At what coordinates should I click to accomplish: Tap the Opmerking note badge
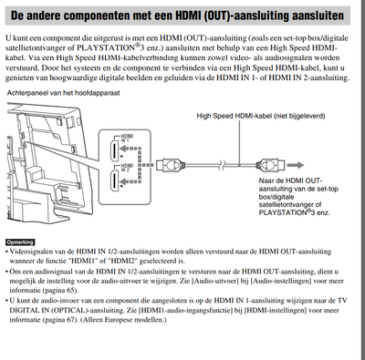point(20,242)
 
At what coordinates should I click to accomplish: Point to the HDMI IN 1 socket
point(114,151)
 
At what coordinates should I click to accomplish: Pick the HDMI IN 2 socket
point(114,181)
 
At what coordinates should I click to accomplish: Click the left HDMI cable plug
point(171,165)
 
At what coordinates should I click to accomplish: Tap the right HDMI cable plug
point(270,165)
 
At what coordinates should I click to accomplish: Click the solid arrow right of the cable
point(296,165)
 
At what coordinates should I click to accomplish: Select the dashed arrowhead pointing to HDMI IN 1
point(123,149)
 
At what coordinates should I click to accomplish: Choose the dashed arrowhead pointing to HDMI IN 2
point(123,181)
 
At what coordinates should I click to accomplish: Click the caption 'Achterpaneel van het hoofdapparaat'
point(63,93)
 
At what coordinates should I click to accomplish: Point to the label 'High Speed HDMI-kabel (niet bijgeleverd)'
point(261,116)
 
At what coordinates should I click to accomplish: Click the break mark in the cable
point(223,165)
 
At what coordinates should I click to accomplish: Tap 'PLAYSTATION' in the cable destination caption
point(283,212)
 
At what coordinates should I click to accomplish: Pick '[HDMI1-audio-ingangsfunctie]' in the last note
point(189,310)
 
